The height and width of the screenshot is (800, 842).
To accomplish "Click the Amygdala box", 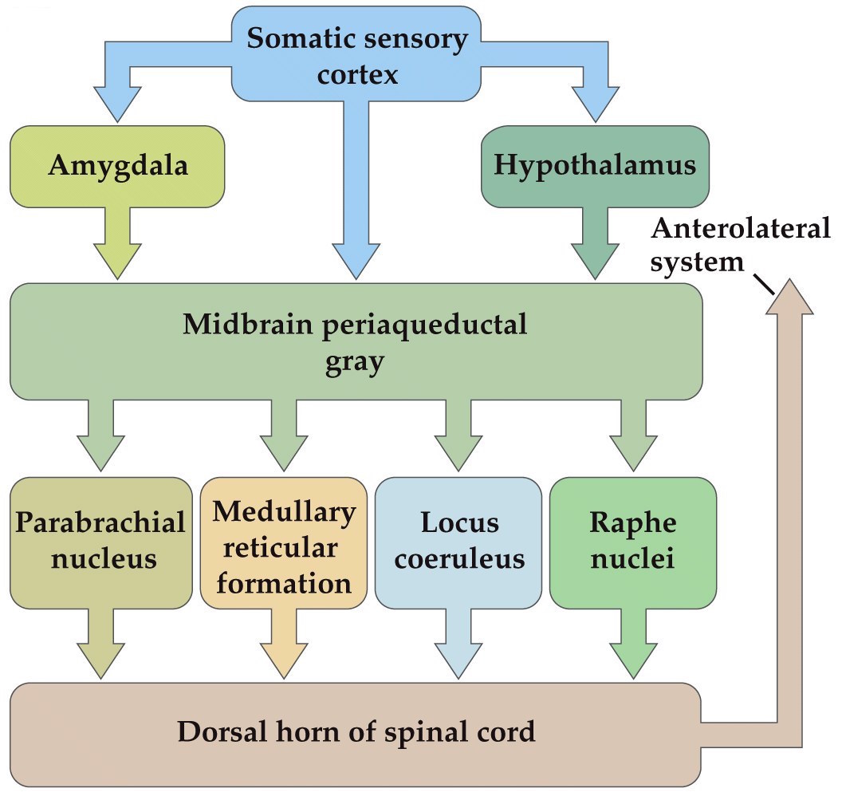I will coord(118,166).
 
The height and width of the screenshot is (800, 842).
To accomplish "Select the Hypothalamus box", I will coord(595,166).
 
